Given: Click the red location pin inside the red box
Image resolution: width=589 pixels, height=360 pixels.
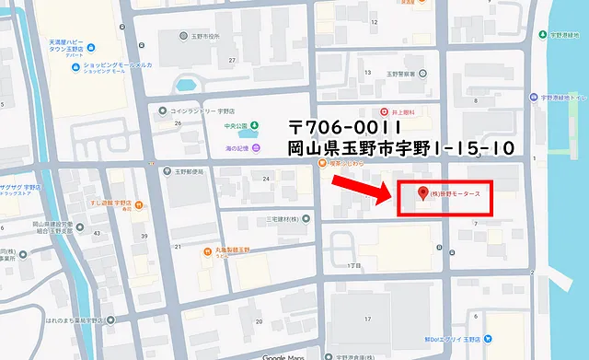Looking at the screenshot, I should [x=423, y=193].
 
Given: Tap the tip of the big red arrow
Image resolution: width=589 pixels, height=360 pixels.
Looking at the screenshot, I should [x=390, y=197].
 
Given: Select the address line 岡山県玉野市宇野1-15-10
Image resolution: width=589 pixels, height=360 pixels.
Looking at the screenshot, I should [x=399, y=147].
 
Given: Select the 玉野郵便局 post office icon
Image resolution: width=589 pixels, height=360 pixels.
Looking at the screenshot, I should [x=166, y=171].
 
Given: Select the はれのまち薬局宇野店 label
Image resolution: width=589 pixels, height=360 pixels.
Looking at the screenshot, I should [x=67, y=321].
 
